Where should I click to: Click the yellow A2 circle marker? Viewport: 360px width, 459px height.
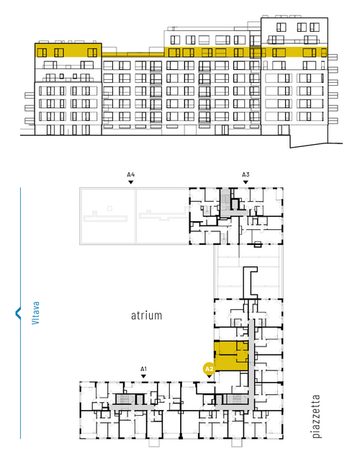[x=209, y=369]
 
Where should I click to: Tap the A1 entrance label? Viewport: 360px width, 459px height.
[x=143, y=369]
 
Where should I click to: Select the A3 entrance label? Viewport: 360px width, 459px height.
[x=246, y=175]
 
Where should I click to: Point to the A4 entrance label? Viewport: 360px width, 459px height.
[x=131, y=175]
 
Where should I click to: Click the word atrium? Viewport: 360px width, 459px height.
[x=146, y=316]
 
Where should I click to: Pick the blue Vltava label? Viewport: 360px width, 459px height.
[x=35, y=313]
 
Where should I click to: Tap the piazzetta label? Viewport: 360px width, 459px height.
[x=316, y=416]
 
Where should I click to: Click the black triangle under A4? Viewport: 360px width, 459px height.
[x=131, y=182]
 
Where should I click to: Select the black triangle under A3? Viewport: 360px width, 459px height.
[x=246, y=182]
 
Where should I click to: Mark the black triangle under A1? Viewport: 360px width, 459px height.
[x=143, y=376]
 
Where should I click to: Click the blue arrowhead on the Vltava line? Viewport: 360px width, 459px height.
[x=18, y=313]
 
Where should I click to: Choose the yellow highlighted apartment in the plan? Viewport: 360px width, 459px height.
[x=231, y=355]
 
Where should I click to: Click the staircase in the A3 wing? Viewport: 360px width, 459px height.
[x=225, y=197]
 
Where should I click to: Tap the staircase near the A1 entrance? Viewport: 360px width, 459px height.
[x=125, y=399]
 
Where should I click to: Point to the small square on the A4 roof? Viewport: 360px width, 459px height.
[x=109, y=208]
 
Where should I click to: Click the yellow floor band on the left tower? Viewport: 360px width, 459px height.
[x=68, y=50]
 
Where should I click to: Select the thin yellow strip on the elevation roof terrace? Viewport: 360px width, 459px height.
[x=132, y=55]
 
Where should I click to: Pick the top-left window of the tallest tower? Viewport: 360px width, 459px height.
[x=281, y=27]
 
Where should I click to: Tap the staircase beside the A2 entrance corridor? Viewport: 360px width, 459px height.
[x=235, y=399]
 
